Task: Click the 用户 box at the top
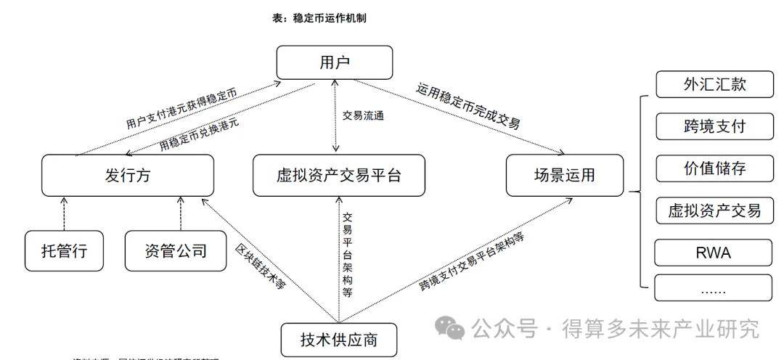pos(335,62)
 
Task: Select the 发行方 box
pos(128,175)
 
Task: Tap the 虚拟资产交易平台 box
pos(339,175)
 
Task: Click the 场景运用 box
pos(564,175)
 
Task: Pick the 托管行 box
pos(64,251)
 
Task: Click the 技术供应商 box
pos(339,340)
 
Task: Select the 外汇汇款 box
pos(714,84)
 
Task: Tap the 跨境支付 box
pos(714,126)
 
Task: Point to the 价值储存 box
pos(714,168)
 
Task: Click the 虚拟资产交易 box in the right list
pos(714,210)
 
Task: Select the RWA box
pos(714,253)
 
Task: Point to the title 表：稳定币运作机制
pos(319,18)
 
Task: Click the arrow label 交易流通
pos(362,115)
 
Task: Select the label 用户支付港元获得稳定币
pos(181,110)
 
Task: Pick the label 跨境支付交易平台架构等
pos(472,261)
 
